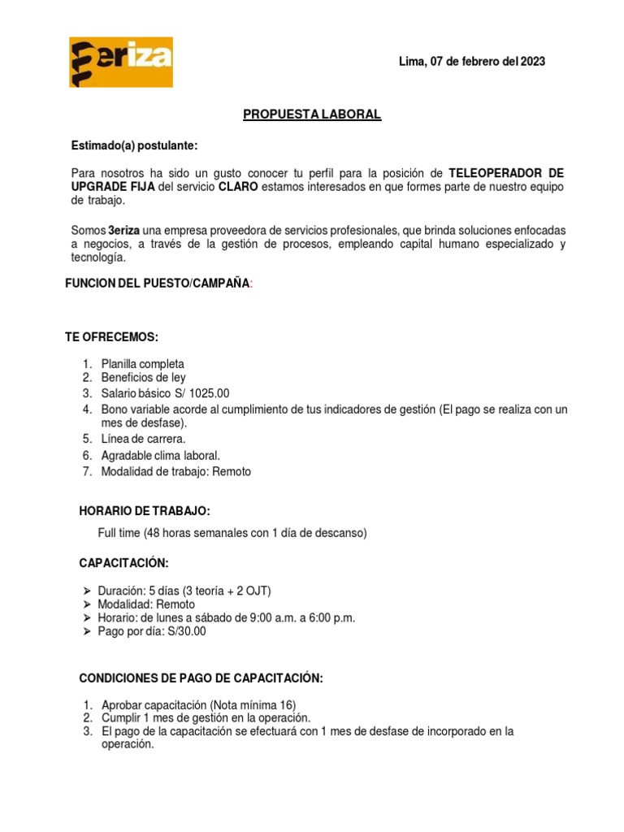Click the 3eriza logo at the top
(x=120, y=62)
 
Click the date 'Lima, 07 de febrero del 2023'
(x=472, y=62)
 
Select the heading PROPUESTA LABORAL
(x=312, y=115)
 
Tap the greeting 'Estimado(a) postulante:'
(x=134, y=145)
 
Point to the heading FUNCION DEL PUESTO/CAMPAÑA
(x=158, y=284)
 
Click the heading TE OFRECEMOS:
(x=112, y=337)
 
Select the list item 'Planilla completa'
(x=142, y=364)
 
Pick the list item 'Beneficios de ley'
(x=143, y=378)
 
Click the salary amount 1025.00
(x=211, y=393)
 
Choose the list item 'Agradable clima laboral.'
(x=160, y=455)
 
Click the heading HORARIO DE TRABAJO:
(x=145, y=511)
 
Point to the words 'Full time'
(x=119, y=533)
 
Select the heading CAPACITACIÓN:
(x=123, y=562)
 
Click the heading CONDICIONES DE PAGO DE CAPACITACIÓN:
(x=201, y=678)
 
